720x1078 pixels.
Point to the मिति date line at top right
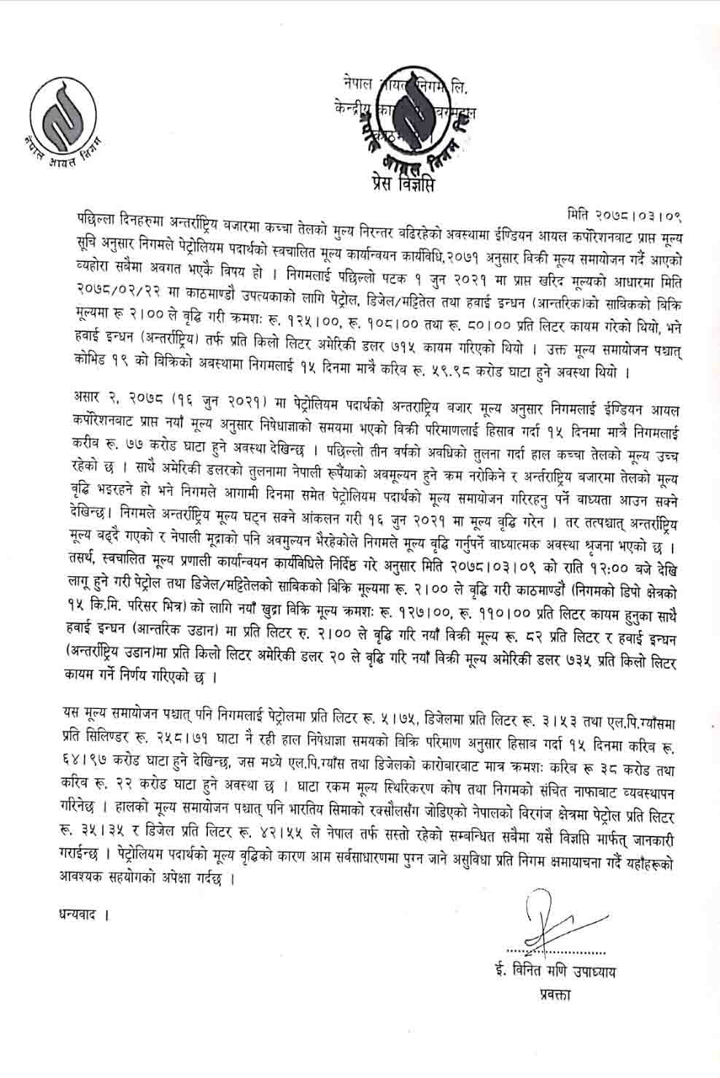click(628, 216)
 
